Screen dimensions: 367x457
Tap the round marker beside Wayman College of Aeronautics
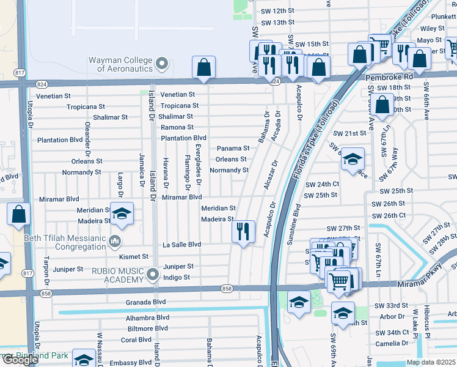162,63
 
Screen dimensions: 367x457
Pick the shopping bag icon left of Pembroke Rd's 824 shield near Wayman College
203,67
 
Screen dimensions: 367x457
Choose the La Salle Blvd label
181,245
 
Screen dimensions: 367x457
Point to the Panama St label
233,148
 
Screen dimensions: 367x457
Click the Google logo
20,360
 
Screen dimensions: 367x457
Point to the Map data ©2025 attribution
431,362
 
